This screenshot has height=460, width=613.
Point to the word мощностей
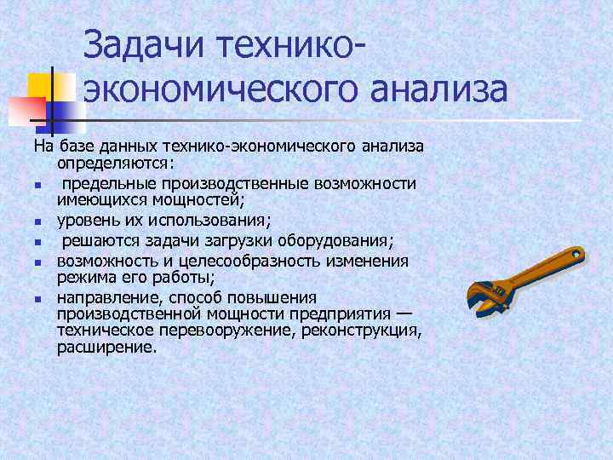coord(200,201)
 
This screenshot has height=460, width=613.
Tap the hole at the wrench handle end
coord(576,255)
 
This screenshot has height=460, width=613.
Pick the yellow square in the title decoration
coord(43,86)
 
